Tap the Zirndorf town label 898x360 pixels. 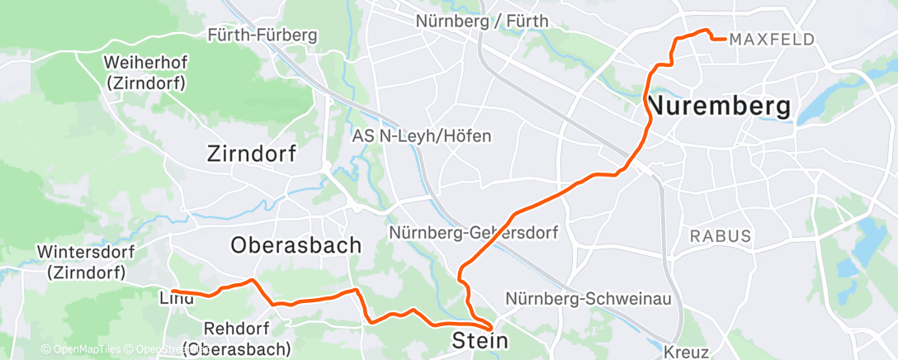[252, 154]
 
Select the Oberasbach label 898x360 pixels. [296, 245]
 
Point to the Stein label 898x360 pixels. [480, 340]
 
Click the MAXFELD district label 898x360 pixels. [773, 40]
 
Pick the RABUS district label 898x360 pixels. [721, 237]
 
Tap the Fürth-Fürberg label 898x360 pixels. [262, 36]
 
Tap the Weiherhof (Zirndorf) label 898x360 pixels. [146, 73]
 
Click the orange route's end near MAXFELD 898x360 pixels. [724, 39]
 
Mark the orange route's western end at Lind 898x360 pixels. [173, 291]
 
